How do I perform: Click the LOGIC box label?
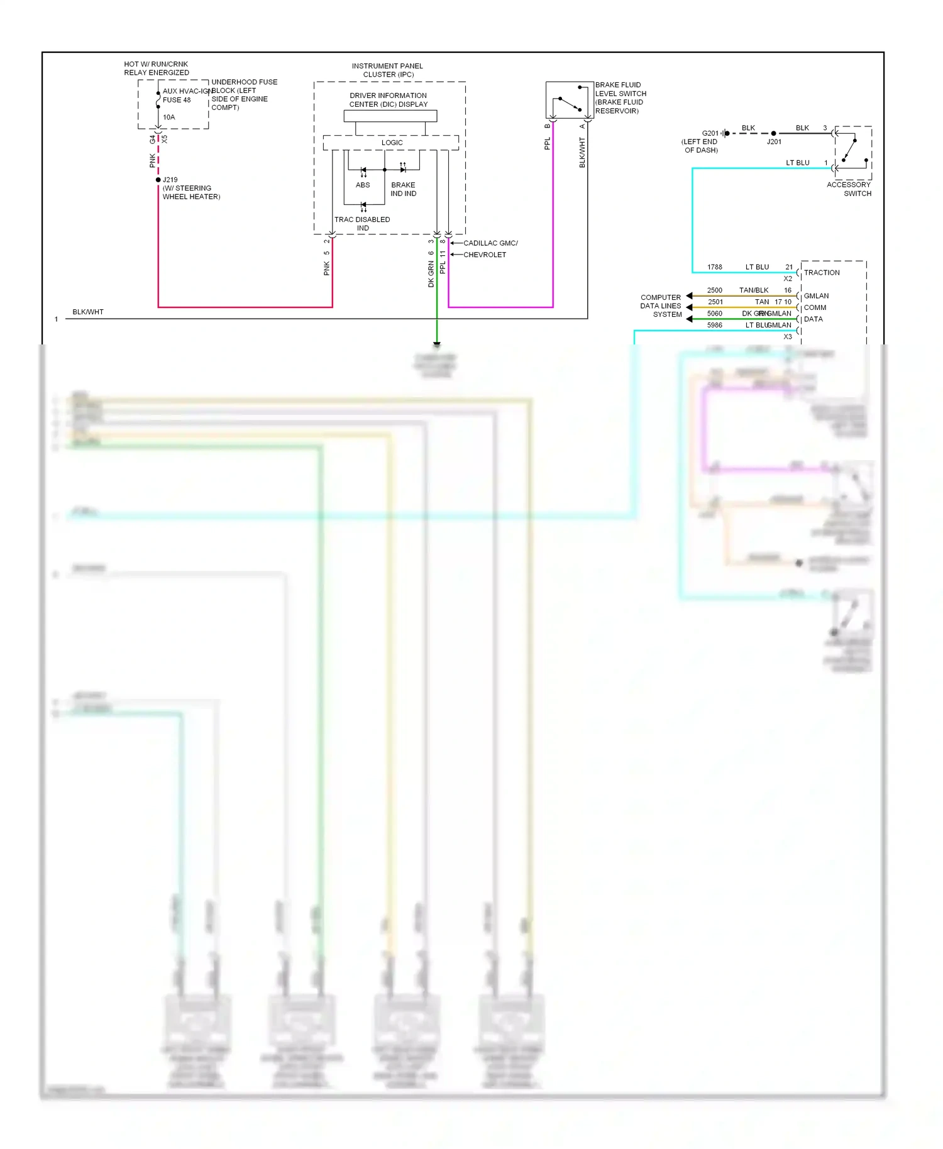pos(392,143)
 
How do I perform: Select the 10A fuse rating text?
pos(169,118)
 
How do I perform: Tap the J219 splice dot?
pos(158,180)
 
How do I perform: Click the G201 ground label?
pos(710,133)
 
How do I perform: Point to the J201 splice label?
pos(774,142)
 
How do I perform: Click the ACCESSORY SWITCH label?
pos(849,189)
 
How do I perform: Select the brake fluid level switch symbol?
pos(570,100)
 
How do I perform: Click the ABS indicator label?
pos(363,185)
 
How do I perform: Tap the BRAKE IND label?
pos(403,189)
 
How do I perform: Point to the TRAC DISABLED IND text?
pos(362,224)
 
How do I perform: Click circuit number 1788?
pos(715,267)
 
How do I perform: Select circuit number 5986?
pos(715,326)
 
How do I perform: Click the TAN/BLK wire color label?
pos(754,290)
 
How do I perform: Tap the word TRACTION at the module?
pos(822,273)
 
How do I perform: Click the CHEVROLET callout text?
pos(485,255)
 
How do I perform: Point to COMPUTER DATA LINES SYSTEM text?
pos(661,306)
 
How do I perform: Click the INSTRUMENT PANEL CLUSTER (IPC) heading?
pos(387,70)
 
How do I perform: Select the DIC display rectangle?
pos(390,116)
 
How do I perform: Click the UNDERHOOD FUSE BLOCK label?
pos(243,95)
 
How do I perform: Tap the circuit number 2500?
pos(715,290)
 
